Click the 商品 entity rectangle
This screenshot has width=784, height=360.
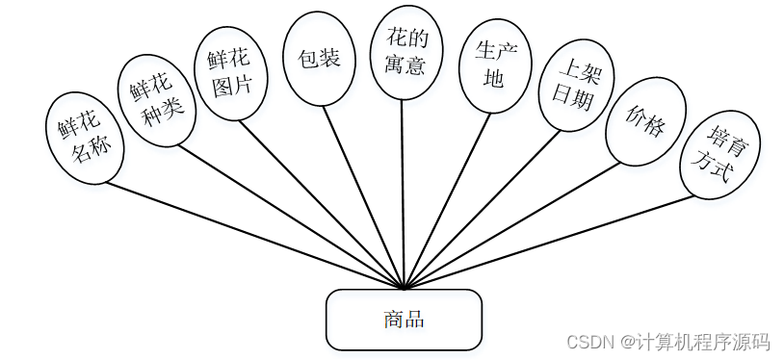[x=404, y=320]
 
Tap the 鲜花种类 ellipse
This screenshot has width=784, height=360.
[x=157, y=100]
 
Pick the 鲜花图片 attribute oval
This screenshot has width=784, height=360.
[x=230, y=72]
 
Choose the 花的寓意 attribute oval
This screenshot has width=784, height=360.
[x=405, y=52]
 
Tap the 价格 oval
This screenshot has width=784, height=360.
[x=645, y=121]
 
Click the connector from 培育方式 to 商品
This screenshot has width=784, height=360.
[x=549, y=242]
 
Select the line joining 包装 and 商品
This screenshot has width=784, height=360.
[x=364, y=195]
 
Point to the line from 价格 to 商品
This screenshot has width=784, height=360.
[x=510, y=225]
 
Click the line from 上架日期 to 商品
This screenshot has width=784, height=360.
[x=482, y=209]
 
